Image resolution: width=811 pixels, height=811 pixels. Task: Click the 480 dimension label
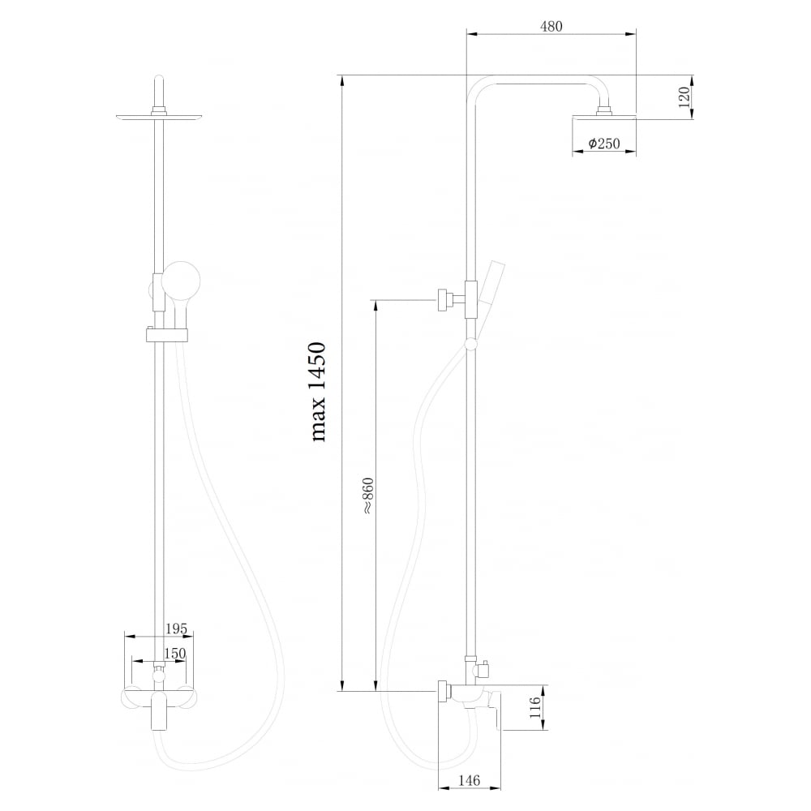pyautogui.click(x=551, y=27)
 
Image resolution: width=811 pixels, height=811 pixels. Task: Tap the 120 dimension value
pyautogui.click(x=684, y=97)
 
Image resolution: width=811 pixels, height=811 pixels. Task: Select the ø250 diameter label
pyautogui.click(x=604, y=144)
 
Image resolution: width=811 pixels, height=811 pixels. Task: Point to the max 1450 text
pyautogui.click(x=318, y=392)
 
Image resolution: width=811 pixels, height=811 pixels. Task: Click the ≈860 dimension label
pyautogui.click(x=367, y=496)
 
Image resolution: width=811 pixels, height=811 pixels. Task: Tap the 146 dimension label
pyautogui.click(x=469, y=780)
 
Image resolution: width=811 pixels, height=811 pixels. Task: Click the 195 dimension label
pyautogui.click(x=176, y=629)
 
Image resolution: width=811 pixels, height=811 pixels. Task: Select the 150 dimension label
pyautogui.click(x=174, y=653)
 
